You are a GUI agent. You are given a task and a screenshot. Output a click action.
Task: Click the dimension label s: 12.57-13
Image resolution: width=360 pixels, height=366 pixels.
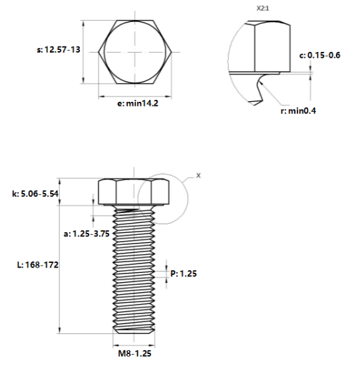[59, 49]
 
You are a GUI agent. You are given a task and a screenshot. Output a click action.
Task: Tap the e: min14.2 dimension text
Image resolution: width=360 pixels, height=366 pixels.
[138, 103]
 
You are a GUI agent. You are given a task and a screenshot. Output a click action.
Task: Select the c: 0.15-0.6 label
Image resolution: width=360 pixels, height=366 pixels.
[319, 55]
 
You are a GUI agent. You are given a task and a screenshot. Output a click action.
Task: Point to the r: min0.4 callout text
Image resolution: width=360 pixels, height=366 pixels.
[298, 110]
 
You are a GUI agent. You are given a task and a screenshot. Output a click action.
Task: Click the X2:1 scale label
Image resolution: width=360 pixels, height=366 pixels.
[263, 9]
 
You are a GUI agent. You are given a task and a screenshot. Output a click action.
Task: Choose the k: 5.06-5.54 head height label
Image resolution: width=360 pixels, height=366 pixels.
[35, 194]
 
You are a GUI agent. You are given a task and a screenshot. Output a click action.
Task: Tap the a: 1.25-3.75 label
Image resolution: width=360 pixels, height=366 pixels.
[87, 234]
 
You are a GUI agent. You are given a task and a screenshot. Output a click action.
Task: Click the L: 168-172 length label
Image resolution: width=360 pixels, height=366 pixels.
[38, 265]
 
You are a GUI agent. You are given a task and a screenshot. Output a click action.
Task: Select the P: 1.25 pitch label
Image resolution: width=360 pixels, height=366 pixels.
[184, 274]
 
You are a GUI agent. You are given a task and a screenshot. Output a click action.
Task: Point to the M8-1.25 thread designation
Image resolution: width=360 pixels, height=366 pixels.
[134, 353]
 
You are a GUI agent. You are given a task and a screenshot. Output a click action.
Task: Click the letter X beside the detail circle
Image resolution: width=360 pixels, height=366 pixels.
[198, 176]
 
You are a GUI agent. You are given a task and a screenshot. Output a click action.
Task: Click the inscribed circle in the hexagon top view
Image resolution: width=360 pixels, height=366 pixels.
[104, 52]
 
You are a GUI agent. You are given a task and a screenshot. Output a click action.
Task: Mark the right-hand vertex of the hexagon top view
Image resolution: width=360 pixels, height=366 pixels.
[172, 52]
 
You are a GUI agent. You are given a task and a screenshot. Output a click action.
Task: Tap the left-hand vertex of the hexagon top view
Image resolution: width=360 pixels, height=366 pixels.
[98, 52]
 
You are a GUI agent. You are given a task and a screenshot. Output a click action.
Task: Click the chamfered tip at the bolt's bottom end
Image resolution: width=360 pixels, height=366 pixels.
[134, 331]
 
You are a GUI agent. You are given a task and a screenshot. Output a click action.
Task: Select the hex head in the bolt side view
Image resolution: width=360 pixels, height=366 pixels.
[134, 192]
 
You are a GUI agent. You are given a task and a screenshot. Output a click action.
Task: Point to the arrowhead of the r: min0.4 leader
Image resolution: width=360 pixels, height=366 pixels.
[260, 82]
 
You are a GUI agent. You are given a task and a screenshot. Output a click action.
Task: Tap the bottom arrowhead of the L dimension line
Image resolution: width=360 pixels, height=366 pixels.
[59, 330]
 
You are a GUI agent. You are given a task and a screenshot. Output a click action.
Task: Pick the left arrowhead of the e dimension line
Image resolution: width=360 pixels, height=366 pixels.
[102, 96]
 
